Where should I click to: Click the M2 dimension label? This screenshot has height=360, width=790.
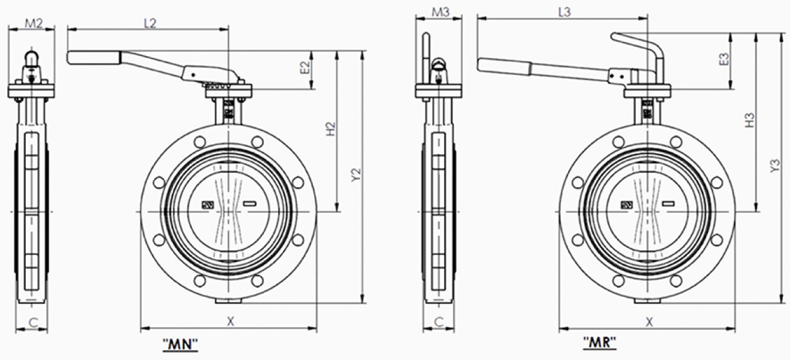(x=34, y=23)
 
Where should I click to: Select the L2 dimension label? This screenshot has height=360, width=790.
(x=150, y=23)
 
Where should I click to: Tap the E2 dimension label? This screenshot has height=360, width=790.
(x=305, y=67)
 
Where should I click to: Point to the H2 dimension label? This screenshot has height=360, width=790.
(x=330, y=129)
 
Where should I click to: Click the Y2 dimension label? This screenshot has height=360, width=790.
(x=357, y=175)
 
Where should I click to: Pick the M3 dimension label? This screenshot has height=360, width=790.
(x=441, y=12)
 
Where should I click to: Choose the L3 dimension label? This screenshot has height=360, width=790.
(x=565, y=12)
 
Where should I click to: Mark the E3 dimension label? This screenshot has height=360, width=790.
(x=724, y=59)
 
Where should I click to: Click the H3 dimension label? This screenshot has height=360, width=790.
(x=750, y=120)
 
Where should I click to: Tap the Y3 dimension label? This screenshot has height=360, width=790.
(x=775, y=166)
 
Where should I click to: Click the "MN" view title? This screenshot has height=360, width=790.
(x=180, y=344)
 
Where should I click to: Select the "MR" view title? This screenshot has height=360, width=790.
(x=600, y=343)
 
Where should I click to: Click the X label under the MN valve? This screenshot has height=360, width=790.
(x=230, y=321)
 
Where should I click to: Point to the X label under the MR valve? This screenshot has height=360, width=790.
(x=649, y=321)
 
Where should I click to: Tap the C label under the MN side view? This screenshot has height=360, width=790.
(x=33, y=323)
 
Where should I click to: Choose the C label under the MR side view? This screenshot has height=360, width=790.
(x=438, y=322)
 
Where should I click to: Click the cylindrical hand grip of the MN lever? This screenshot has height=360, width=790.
(x=94, y=58)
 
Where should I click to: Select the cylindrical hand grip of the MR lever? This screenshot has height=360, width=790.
(x=504, y=66)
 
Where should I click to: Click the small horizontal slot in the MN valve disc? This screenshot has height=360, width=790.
(x=250, y=203)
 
